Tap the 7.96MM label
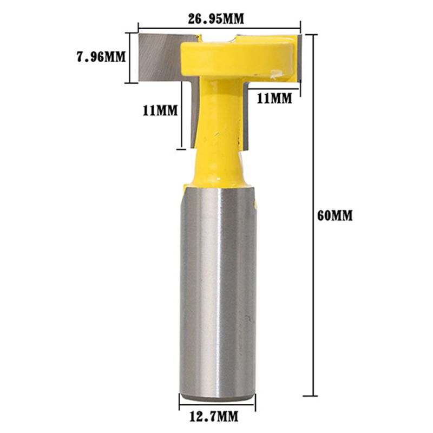[x=101, y=56]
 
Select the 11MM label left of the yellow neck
[x=160, y=111]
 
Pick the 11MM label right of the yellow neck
[x=274, y=98]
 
